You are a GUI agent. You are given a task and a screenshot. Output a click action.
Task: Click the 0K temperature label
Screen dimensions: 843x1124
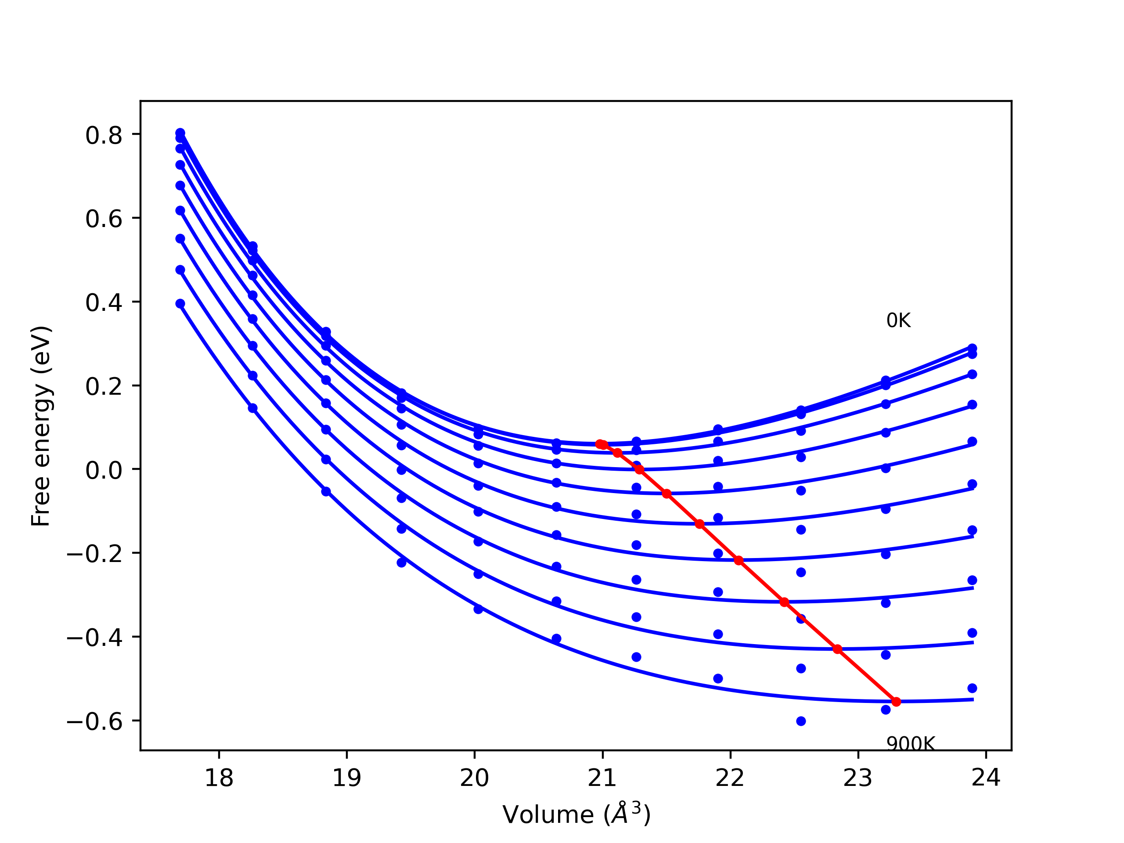pyautogui.click(x=898, y=321)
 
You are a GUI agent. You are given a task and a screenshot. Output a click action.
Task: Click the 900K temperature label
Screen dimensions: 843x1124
pyautogui.click(x=910, y=744)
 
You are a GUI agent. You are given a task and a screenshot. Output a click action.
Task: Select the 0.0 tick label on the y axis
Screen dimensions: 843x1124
pyautogui.click(x=104, y=470)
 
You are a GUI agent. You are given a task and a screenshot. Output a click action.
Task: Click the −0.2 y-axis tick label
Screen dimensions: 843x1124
pyautogui.click(x=94, y=554)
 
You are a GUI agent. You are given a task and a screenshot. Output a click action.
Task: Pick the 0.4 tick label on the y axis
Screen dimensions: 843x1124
pyautogui.click(x=104, y=303)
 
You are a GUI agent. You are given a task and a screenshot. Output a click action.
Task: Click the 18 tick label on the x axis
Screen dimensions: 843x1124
pyautogui.click(x=219, y=778)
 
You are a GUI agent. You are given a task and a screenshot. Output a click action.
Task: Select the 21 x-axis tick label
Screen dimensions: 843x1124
pyautogui.click(x=602, y=778)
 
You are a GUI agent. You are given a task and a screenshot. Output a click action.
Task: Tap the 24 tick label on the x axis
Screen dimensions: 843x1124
pyautogui.click(x=986, y=778)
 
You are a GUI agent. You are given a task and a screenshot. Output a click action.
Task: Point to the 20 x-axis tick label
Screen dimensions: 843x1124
pyautogui.click(x=474, y=778)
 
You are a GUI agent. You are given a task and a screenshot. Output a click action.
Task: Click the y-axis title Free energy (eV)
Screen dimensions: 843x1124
pyautogui.click(x=41, y=426)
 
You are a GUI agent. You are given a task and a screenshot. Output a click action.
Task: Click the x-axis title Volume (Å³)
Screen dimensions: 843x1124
pyautogui.click(x=576, y=814)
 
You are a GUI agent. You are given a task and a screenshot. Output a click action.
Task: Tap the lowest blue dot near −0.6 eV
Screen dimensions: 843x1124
pyautogui.click(x=801, y=721)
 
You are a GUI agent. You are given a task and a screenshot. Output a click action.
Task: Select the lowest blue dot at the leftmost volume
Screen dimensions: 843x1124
pyautogui.click(x=180, y=304)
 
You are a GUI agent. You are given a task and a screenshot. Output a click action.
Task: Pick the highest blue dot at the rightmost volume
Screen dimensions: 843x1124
pyautogui.click(x=972, y=349)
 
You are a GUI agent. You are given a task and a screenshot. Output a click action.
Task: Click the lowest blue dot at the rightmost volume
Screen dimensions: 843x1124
pyautogui.click(x=972, y=688)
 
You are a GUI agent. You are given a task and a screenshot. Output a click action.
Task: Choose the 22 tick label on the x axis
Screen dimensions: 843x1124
pyautogui.click(x=730, y=778)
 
